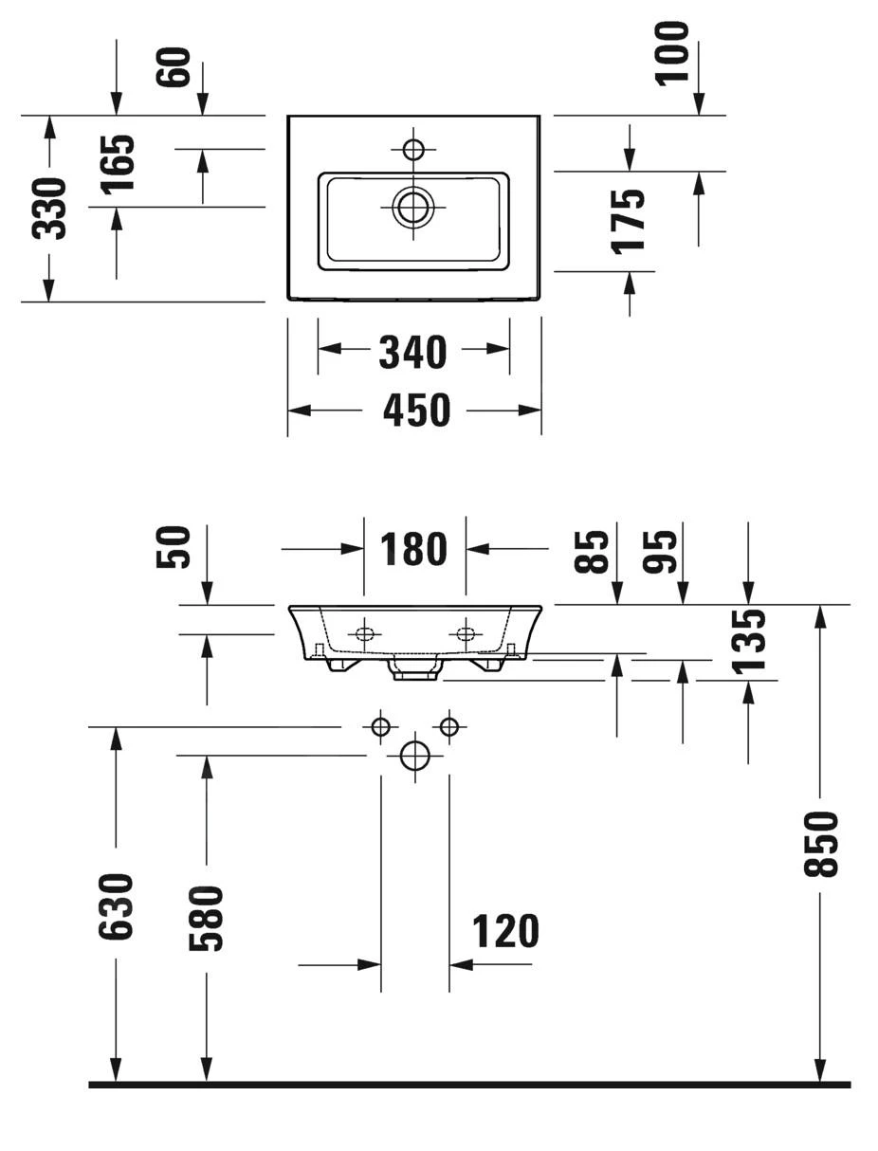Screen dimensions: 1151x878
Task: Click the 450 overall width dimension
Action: click(416, 411)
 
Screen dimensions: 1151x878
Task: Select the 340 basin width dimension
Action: click(412, 352)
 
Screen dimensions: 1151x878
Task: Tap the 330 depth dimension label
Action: click(49, 208)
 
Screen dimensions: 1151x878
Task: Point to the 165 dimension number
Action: click(119, 164)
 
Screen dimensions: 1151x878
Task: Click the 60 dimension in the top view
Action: click(175, 67)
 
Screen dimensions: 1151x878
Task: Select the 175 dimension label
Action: click(629, 221)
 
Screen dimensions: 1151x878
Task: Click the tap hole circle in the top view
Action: click(413, 149)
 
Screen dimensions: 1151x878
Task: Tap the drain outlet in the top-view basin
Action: click(413, 206)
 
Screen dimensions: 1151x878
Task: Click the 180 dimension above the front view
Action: click(413, 549)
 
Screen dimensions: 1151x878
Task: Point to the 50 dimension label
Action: click(175, 547)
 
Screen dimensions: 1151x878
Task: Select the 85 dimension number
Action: click(593, 552)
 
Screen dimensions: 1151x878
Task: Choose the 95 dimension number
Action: click(661, 552)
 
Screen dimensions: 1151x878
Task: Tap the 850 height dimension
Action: click(821, 844)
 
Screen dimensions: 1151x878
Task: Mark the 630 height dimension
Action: click(117, 906)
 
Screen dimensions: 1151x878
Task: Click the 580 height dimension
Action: click(207, 917)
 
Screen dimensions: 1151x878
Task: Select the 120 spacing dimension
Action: click(505, 932)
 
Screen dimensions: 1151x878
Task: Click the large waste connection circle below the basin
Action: click(415, 756)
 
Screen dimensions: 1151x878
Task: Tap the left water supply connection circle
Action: click(380, 727)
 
